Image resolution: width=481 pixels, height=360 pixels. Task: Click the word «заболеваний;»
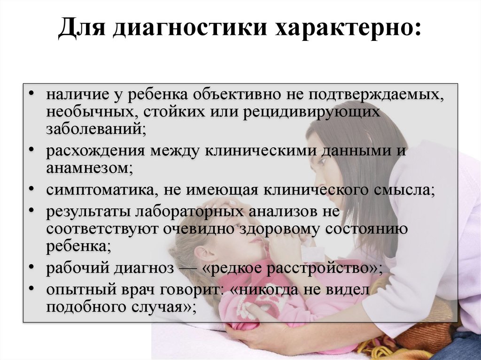tap(96, 129)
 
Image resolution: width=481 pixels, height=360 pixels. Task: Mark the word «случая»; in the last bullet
tap(163, 307)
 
